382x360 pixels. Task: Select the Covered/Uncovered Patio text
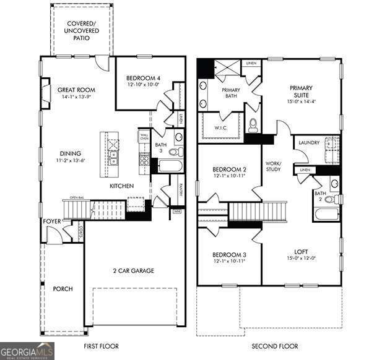click(81, 30)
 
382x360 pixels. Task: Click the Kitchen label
click(122, 186)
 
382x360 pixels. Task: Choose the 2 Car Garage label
click(133, 270)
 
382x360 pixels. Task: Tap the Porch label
click(63, 289)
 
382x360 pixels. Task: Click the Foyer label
click(51, 221)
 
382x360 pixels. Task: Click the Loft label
click(301, 251)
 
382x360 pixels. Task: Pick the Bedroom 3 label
click(229, 254)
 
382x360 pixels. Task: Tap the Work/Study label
click(274, 166)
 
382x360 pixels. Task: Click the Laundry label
click(309, 143)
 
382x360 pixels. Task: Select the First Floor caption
click(101, 346)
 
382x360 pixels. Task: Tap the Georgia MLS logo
click(27, 351)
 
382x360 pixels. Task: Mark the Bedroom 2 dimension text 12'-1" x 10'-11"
click(229, 176)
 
